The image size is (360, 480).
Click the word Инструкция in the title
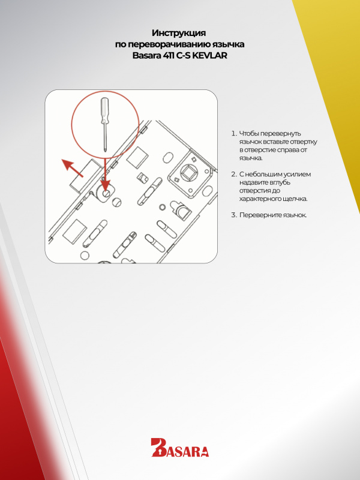179,33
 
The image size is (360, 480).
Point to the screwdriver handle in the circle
104,109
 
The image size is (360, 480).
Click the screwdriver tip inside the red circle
106,149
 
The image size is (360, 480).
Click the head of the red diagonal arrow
67,164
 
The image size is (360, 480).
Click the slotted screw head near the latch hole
116,202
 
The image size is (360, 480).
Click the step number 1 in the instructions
233,133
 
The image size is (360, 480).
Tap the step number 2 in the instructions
234,174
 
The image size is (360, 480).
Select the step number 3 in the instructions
234,215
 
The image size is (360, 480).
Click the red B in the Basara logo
158,447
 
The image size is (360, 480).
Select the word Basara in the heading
146,56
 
